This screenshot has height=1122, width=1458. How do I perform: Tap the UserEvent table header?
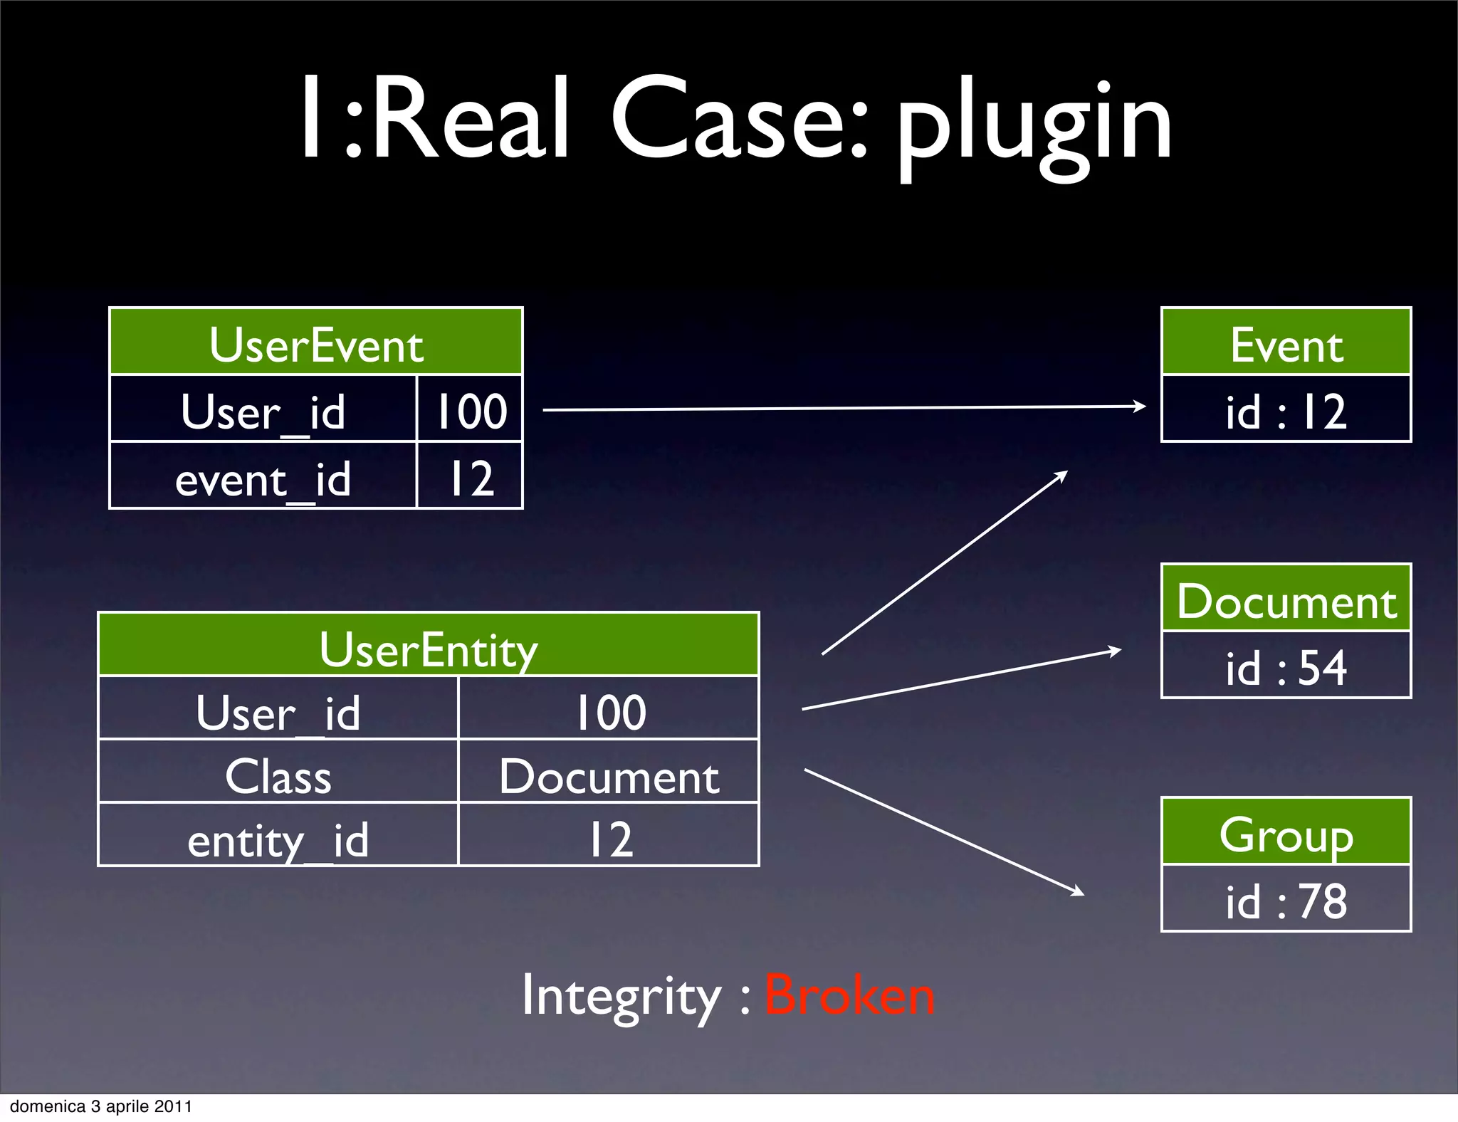coord(316,343)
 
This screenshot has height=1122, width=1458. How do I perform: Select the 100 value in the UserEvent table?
coord(470,411)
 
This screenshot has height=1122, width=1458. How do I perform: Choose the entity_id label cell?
coord(278,838)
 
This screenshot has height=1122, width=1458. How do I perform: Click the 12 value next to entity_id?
coord(609,838)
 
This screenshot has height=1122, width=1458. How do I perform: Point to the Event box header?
coord(1286,343)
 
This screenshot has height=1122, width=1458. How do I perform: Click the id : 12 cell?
coord(1286,411)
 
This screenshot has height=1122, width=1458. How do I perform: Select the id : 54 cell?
coord(1286,667)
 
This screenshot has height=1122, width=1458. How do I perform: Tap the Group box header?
coord(1286,833)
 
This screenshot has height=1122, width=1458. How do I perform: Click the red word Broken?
coord(849,995)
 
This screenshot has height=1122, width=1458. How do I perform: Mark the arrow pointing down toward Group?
coord(943,832)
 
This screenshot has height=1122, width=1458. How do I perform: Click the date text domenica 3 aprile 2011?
coord(101,1106)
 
